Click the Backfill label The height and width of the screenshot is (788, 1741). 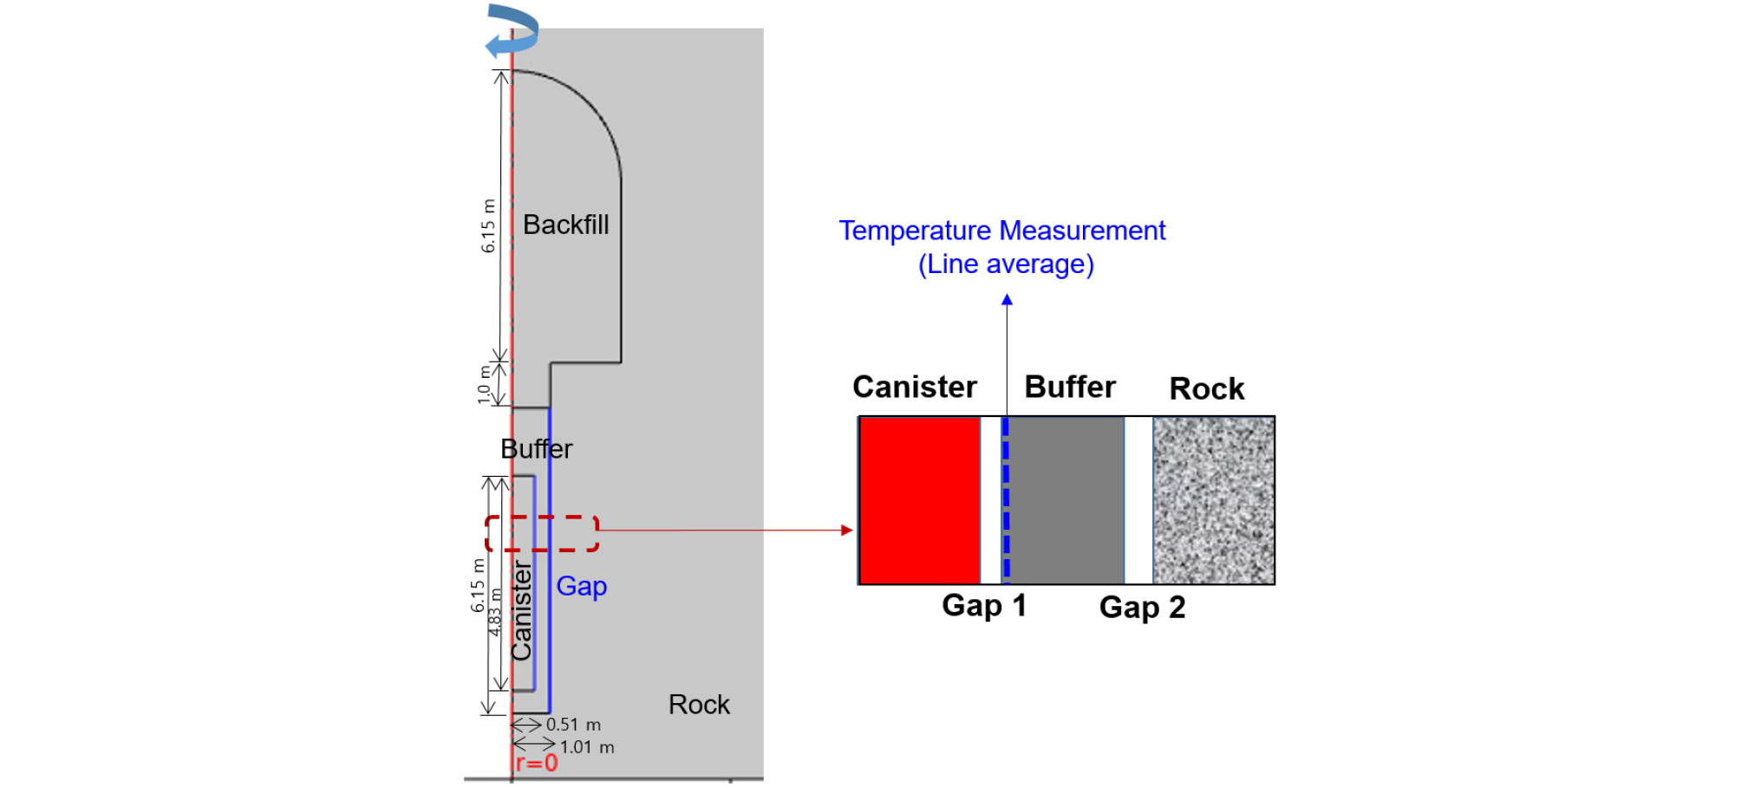(566, 225)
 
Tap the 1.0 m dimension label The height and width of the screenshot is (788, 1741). (484, 384)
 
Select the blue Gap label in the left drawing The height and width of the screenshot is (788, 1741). (582, 587)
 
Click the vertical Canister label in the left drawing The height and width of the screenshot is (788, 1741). (521, 611)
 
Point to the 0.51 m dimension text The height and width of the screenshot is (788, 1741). (573, 725)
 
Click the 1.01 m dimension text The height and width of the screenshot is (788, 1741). (587, 747)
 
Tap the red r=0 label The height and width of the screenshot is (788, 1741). (537, 764)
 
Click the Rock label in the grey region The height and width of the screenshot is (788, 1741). (699, 705)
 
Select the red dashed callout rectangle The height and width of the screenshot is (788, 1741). (542, 518)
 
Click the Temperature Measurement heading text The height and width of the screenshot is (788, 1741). (1002, 231)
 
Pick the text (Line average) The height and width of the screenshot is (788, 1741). (1006, 264)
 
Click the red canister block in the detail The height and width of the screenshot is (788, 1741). (920, 500)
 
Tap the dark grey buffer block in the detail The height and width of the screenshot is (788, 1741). (1066, 500)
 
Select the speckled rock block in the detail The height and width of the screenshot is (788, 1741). (1213, 500)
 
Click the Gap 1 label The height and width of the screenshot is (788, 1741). (984, 605)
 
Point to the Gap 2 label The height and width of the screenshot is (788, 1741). (1142, 608)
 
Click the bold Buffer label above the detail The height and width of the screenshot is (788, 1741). (1070, 387)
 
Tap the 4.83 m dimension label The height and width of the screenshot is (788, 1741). (494, 612)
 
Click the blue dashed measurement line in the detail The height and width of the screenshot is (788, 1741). (1006, 500)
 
